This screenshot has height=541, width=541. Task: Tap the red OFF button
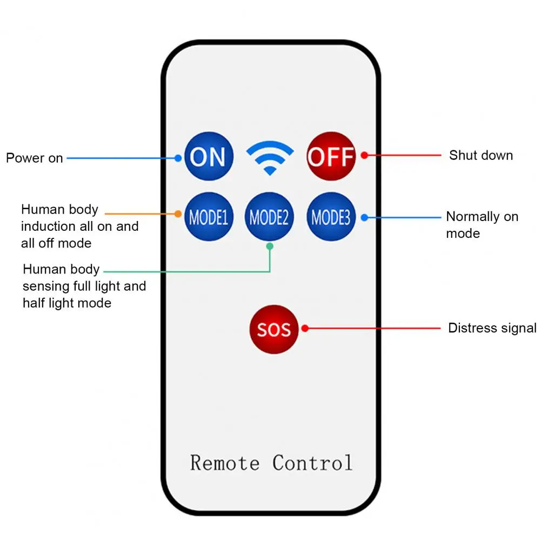point(331,156)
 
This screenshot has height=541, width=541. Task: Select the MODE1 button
point(209,217)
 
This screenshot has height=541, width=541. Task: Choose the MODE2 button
point(269,217)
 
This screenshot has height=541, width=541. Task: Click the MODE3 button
point(331,217)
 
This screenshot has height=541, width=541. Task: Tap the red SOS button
point(273,329)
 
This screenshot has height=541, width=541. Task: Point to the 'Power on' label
point(35,158)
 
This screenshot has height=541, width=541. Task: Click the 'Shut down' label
point(480,156)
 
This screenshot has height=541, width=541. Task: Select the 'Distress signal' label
point(492,328)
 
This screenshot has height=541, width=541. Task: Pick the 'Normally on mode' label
point(482,224)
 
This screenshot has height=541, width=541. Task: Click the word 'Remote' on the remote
point(224,463)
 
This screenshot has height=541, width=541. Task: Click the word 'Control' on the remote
point(312,463)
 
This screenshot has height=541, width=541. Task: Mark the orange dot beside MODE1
point(178,213)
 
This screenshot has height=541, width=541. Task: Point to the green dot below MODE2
point(270,246)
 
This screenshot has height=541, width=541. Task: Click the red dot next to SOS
point(305,328)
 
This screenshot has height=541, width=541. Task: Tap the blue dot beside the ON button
point(178,158)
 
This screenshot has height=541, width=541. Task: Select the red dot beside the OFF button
point(364,155)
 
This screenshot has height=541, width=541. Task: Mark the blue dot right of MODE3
point(364,217)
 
